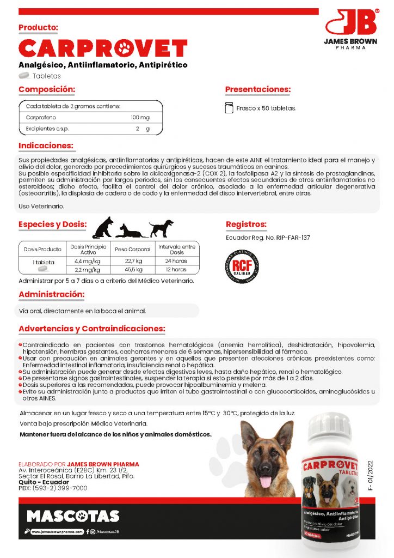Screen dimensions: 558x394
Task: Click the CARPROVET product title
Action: point(103,49)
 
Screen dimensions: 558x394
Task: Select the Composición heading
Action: point(47,89)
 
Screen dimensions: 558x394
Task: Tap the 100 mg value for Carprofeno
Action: point(140,118)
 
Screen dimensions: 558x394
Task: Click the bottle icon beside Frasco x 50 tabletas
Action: point(229,107)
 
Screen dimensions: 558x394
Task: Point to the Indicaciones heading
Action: point(46,146)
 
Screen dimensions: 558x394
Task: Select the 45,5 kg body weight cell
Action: point(133,269)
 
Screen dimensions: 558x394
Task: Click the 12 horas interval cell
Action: point(176,269)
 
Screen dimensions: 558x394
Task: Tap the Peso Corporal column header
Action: point(133,249)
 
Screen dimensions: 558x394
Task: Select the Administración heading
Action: point(51,295)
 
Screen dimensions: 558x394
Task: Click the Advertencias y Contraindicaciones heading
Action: point(92,329)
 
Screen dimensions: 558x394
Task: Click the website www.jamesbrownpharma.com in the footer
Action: point(57,531)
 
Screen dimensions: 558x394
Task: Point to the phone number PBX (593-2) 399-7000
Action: point(53,488)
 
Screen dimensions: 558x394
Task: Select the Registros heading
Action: point(246,224)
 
